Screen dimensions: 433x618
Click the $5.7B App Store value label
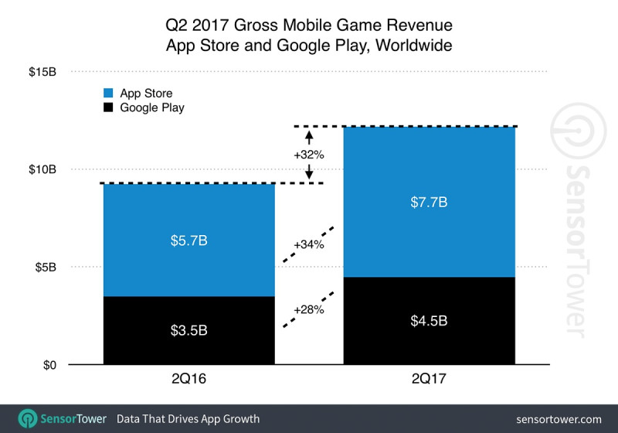click(188, 240)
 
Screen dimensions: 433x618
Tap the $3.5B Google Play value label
click(188, 331)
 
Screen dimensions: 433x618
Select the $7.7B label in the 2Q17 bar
click(429, 203)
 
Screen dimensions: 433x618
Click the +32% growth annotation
click(308, 155)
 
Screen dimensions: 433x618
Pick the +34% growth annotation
click(308, 245)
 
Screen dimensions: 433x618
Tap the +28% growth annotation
click(308, 310)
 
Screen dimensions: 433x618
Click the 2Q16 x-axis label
click(188, 380)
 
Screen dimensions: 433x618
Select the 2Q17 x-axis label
click(429, 380)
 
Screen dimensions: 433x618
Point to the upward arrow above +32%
click(308, 137)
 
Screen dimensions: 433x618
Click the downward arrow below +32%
click(308, 172)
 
